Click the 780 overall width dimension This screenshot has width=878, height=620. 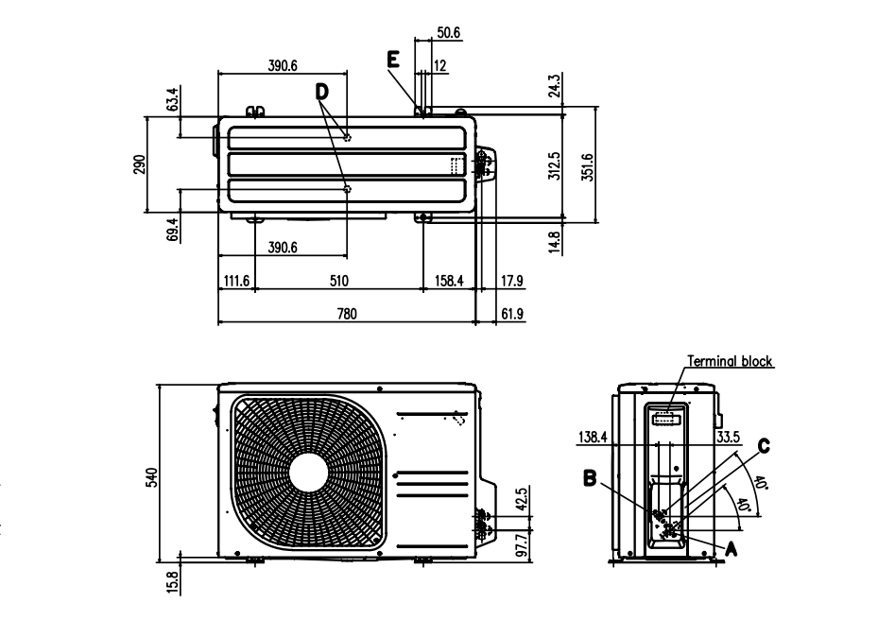(x=347, y=314)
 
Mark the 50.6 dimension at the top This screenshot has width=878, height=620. (x=448, y=33)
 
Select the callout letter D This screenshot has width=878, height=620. (x=322, y=92)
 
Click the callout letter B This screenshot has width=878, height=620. (x=590, y=479)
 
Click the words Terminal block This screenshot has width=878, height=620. (x=730, y=361)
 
